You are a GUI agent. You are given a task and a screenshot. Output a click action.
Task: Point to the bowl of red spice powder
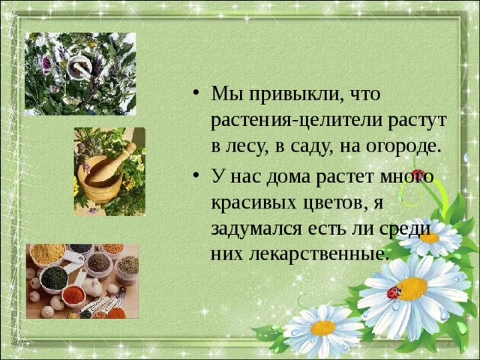click(x=73, y=295)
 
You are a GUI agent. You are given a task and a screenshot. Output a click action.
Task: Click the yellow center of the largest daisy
click(x=412, y=289)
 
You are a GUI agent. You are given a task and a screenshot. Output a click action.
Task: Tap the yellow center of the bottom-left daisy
click(x=323, y=328)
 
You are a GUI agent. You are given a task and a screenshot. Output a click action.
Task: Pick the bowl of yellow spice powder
click(x=47, y=253)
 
